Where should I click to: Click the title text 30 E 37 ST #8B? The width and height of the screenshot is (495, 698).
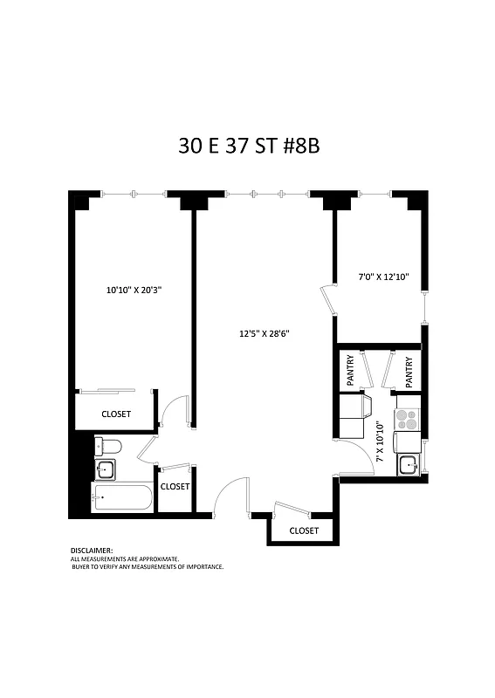click(x=249, y=146)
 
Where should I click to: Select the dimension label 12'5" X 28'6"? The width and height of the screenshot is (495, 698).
click(x=264, y=332)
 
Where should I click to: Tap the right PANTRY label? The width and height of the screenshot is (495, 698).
click(x=408, y=371)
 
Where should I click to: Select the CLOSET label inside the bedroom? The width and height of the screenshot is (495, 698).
click(x=116, y=414)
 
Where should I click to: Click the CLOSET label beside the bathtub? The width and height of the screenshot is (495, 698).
click(x=175, y=487)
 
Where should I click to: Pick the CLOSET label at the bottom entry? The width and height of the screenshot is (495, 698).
click(x=303, y=530)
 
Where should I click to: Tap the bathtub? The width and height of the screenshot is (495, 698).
click(x=122, y=500)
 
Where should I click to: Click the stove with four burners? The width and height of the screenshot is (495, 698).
click(x=407, y=417)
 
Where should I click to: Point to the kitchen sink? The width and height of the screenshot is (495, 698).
click(x=408, y=463)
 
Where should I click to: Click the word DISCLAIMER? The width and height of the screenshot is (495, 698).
click(x=92, y=551)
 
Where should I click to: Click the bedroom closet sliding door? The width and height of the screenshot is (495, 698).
click(x=106, y=391)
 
